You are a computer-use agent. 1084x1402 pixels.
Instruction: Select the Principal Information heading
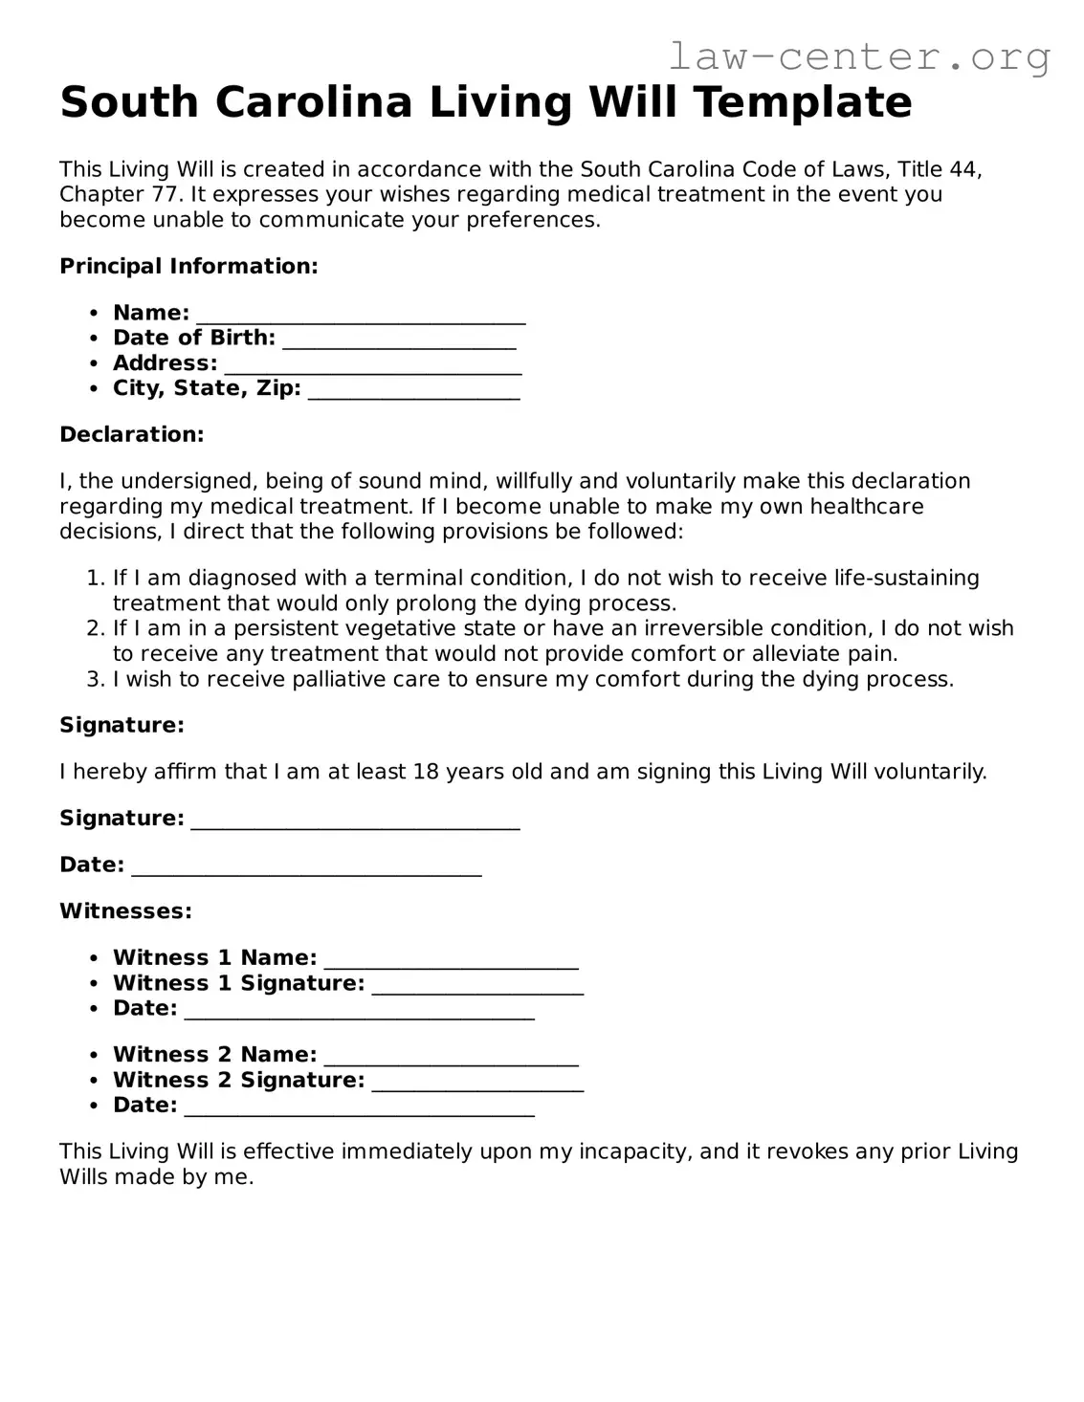tap(188, 266)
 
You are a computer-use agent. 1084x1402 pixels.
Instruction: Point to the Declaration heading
tap(132, 434)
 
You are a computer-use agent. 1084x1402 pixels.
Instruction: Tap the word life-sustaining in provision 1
tap(906, 578)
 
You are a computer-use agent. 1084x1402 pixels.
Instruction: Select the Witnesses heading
tap(125, 910)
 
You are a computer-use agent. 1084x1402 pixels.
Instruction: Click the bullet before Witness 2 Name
tap(94, 1056)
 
